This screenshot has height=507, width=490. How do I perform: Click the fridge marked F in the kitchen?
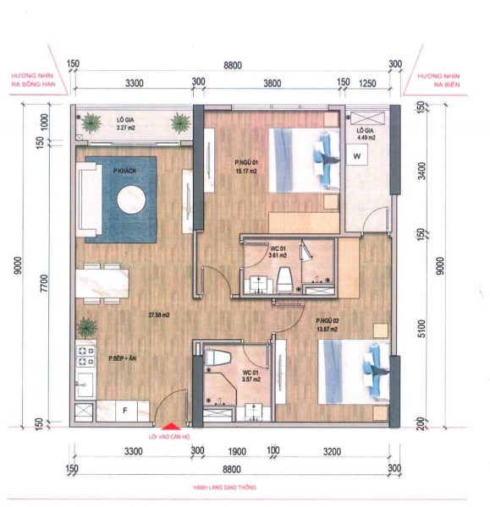(126, 411)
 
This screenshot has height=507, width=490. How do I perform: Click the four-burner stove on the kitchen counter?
(85, 351)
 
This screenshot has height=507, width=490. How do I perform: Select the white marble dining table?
(102, 281)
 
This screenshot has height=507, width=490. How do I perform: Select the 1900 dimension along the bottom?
(237, 452)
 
